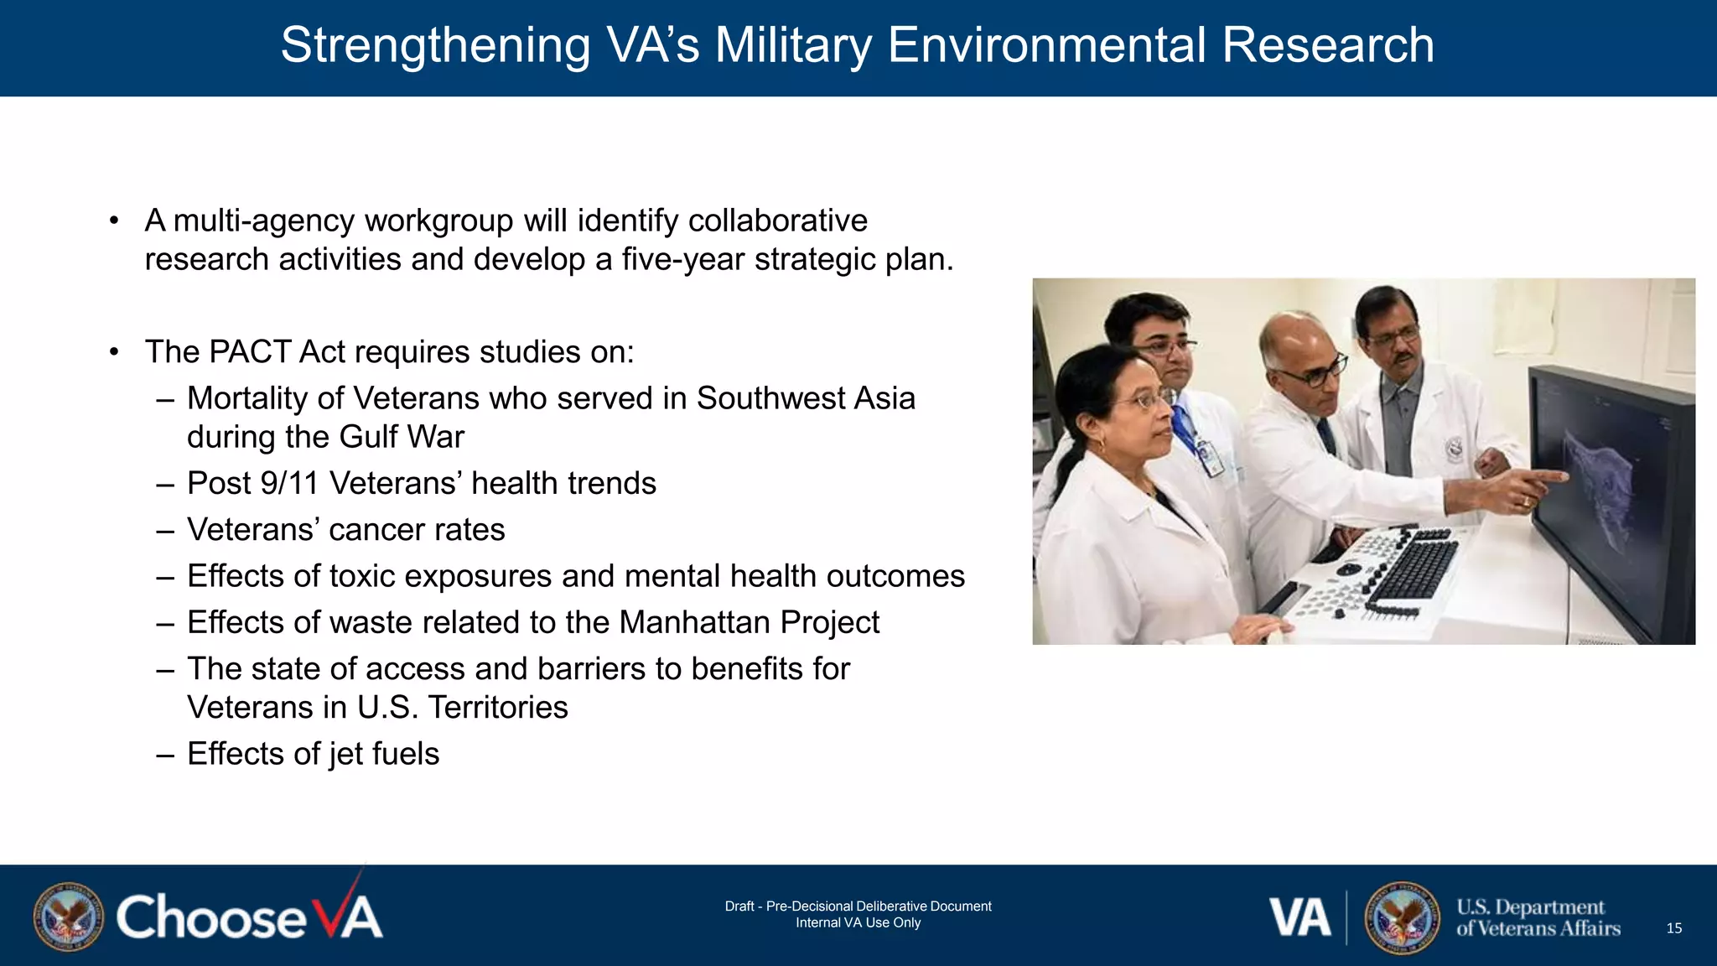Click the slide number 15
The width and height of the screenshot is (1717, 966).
click(1673, 927)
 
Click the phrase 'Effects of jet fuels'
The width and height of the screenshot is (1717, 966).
click(313, 753)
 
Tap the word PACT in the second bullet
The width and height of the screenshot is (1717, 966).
click(249, 352)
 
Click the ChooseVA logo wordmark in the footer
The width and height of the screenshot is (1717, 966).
click(249, 917)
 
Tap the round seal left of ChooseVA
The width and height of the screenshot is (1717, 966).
click(69, 917)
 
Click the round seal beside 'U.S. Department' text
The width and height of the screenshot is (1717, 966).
click(1402, 917)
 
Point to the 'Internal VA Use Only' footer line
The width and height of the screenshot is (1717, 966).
click(858, 922)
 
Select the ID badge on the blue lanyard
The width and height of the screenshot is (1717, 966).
click(1208, 456)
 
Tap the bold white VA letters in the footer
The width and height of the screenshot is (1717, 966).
click(1299, 917)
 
